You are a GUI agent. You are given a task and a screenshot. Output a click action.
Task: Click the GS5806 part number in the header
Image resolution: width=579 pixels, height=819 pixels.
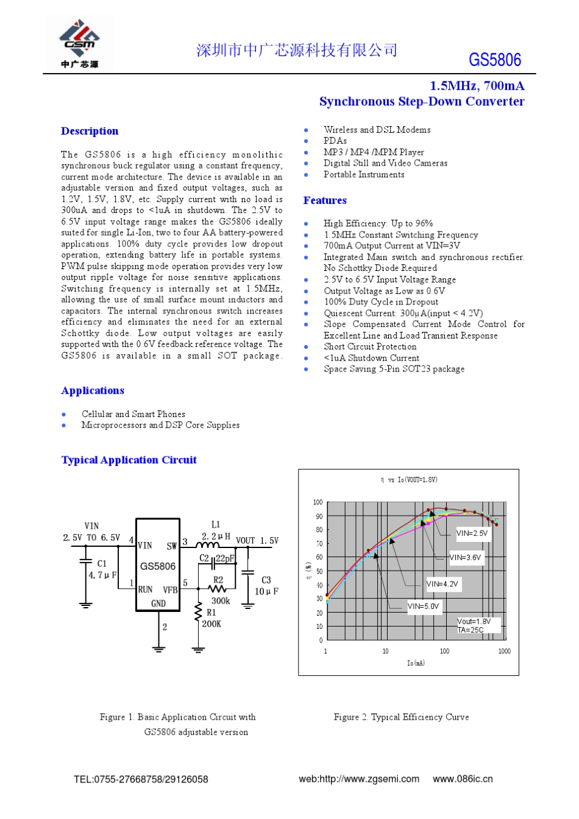(495, 60)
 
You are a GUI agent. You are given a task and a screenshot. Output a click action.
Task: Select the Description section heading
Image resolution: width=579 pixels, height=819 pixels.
(90, 131)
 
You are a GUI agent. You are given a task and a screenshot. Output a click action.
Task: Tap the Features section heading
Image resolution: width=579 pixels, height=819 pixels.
(325, 200)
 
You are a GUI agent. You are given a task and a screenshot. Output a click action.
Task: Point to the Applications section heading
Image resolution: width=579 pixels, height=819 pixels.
(93, 390)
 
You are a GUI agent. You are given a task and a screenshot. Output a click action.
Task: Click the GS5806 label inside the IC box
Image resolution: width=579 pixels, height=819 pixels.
(158, 566)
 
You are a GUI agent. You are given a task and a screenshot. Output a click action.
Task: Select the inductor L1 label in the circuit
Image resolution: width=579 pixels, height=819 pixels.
(216, 524)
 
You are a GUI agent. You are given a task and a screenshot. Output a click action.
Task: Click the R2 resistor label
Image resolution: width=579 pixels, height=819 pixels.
(218, 580)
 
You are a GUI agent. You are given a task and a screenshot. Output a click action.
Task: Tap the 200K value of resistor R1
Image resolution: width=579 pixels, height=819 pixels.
(211, 624)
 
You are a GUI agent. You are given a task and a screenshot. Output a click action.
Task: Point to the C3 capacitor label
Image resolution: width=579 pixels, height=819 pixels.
(266, 580)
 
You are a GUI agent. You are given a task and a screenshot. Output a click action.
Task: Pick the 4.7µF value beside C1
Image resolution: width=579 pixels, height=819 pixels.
(102, 575)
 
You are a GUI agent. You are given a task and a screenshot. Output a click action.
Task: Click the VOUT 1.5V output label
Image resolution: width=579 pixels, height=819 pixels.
(257, 540)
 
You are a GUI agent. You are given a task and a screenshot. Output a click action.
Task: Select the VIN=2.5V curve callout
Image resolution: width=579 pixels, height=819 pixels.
(472, 533)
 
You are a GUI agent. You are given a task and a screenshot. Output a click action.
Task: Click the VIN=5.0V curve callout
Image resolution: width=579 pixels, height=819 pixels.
(423, 606)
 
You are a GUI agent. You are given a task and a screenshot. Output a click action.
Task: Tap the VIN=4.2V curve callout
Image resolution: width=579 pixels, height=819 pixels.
(442, 583)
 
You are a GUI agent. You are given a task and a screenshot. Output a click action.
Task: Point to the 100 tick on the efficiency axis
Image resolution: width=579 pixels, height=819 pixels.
(318, 502)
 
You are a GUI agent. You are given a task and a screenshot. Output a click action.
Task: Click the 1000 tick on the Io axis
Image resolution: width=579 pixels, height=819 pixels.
(504, 651)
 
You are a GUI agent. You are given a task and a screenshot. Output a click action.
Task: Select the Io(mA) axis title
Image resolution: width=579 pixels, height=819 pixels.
(416, 663)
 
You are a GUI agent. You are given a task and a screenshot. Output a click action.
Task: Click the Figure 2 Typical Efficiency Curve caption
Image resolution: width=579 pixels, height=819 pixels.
(401, 717)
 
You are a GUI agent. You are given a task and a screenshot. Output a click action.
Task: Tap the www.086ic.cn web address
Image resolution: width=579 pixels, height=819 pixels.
(463, 779)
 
